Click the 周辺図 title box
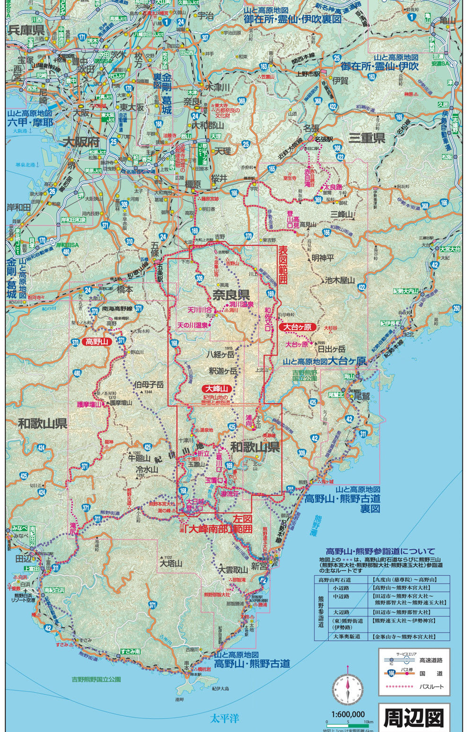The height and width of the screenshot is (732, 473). (x=414, y=717)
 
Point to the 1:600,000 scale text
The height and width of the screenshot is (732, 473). (x=348, y=714)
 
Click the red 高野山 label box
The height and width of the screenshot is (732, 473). (x=96, y=341)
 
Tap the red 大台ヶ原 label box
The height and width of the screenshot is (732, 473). (x=297, y=327)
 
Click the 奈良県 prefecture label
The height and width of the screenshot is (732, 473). (x=231, y=295)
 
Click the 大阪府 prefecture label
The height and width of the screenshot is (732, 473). (x=81, y=142)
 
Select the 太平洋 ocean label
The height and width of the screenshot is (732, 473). (x=225, y=718)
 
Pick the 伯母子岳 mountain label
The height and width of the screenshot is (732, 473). (x=149, y=384)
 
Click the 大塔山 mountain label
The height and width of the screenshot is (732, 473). (x=171, y=563)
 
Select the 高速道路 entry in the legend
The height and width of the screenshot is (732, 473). (x=431, y=660)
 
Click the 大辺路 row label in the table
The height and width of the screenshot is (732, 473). (x=341, y=612)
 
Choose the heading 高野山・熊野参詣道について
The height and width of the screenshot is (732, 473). (x=380, y=551)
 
